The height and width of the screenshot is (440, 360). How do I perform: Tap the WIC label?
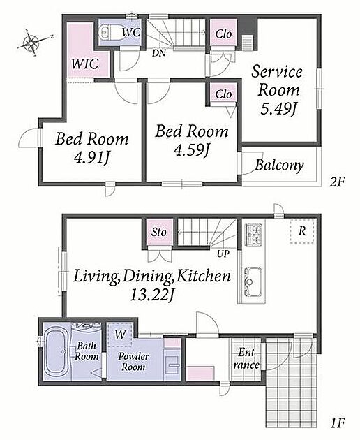(84, 64)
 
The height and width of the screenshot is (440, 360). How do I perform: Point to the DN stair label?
(159, 53)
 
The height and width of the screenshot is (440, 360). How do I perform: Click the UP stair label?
(223, 254)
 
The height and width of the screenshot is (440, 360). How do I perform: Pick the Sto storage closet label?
(159, 232)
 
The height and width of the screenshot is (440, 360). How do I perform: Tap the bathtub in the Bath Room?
(57, 352)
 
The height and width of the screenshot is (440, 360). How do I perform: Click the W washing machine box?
(120, 335)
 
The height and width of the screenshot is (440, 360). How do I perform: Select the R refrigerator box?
(301, 231)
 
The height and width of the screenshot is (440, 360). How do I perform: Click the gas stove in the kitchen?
(253, 235)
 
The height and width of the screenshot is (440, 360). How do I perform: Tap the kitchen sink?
(253, 281)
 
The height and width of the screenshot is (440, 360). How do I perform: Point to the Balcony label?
(279, 166)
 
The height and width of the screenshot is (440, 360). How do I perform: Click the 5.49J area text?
(278, 109)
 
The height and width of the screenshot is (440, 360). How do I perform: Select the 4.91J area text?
(91, 159)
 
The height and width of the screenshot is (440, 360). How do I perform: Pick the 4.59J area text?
(191, 152)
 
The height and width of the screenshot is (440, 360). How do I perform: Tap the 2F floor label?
(337, 182)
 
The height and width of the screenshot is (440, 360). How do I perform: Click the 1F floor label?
(337, 423)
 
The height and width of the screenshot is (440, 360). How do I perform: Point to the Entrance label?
(246, 358)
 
